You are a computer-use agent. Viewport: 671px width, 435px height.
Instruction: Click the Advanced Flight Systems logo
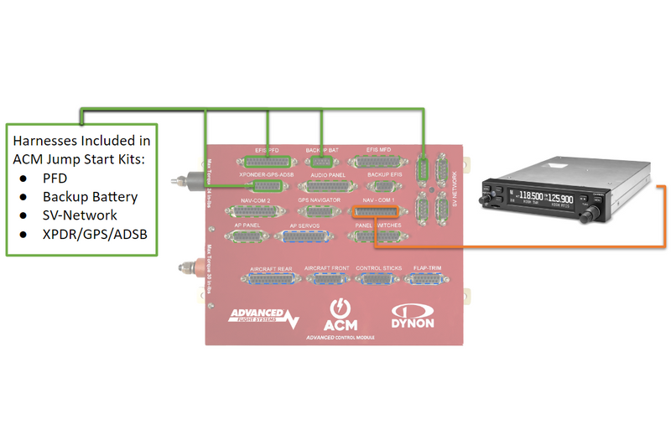tap(263, 318)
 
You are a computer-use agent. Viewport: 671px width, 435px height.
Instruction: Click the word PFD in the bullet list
tap(55, 179)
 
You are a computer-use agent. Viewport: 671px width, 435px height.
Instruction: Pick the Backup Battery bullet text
tap(90, 197)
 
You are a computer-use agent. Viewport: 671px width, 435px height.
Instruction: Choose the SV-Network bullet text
tap(80, 215)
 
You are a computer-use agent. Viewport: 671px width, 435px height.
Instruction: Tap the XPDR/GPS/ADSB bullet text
tap(95, 234)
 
